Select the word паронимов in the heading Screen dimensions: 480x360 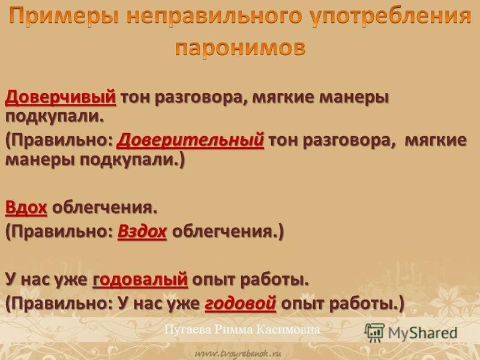click(x=241, y=47)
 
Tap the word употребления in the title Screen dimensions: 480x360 click(x=391, y=16)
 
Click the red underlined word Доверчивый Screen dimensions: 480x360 click(x=61, y=97)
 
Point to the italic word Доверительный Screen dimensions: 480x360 click(x=190, y=140)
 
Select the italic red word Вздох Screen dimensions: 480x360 click(x=142, y=231)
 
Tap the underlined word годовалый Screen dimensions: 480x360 click(x=140, y=280)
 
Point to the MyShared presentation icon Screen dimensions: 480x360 click(x=374, y=332)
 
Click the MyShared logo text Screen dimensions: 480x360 click(x=422, y=332)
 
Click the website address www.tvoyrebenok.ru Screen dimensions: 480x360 click(x=238, y=354)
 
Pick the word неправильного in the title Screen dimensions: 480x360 click(x=214, y=16)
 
